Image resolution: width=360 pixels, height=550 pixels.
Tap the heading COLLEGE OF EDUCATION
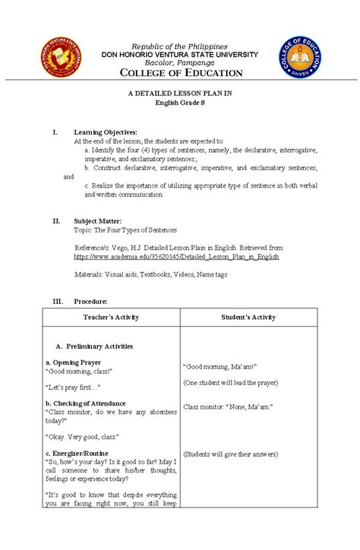[x=180, y=73]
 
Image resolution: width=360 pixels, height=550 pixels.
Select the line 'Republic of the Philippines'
[x=180, y=46]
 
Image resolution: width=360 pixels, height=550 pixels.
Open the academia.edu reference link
[x=176, y=258]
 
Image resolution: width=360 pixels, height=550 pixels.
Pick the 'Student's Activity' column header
[x=251, y=316]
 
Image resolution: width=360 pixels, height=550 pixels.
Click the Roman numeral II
[x=56, y=221]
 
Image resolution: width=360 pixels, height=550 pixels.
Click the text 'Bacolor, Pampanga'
[x=180, y=62]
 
